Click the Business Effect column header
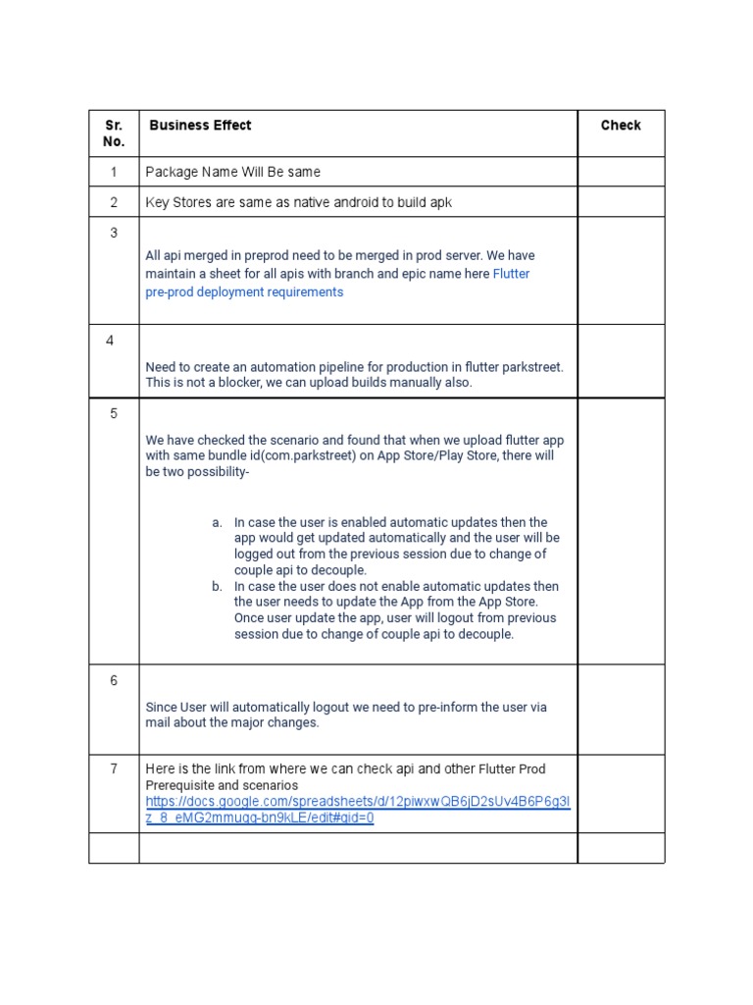200,126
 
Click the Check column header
621,126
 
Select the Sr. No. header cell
114,133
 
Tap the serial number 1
114,172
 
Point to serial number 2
114,202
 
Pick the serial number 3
114,233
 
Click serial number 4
111,341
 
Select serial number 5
114,413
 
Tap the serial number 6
114,680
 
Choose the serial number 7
114,768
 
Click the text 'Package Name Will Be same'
233,172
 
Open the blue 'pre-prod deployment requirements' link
244,292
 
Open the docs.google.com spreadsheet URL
358,810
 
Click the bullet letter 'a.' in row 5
217,522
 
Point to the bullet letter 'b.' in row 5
217,587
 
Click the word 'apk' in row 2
441,202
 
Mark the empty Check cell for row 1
621,172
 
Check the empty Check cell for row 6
621,710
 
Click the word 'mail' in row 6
158,722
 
